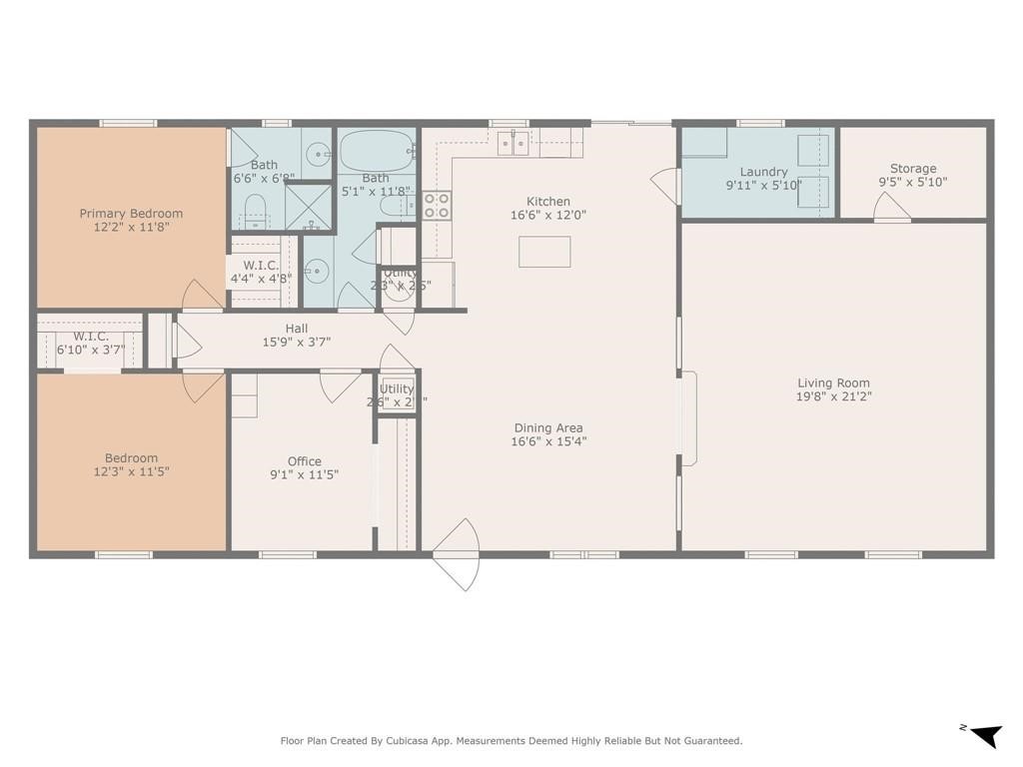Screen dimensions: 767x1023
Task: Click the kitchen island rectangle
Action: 544,252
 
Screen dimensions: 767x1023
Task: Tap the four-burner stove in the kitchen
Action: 437,205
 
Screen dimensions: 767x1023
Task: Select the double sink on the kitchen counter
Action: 513,144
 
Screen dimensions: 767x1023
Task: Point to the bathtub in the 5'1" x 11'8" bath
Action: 376,152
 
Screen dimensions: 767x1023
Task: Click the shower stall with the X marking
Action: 308,207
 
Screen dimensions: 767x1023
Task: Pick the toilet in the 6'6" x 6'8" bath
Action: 255,210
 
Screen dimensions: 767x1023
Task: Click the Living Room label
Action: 833,383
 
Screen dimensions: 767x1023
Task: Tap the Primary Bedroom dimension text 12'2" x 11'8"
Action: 131,228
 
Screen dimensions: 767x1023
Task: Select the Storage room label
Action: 913,169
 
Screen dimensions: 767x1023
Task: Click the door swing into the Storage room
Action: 891,208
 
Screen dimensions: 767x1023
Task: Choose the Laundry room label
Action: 764,172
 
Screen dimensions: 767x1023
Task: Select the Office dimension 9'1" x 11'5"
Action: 304,475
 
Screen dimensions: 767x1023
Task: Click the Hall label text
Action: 297,329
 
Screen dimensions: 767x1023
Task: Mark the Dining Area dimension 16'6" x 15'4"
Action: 548,441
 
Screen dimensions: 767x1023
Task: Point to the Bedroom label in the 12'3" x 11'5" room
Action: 131,457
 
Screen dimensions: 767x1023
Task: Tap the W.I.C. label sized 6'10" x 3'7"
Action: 90,337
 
